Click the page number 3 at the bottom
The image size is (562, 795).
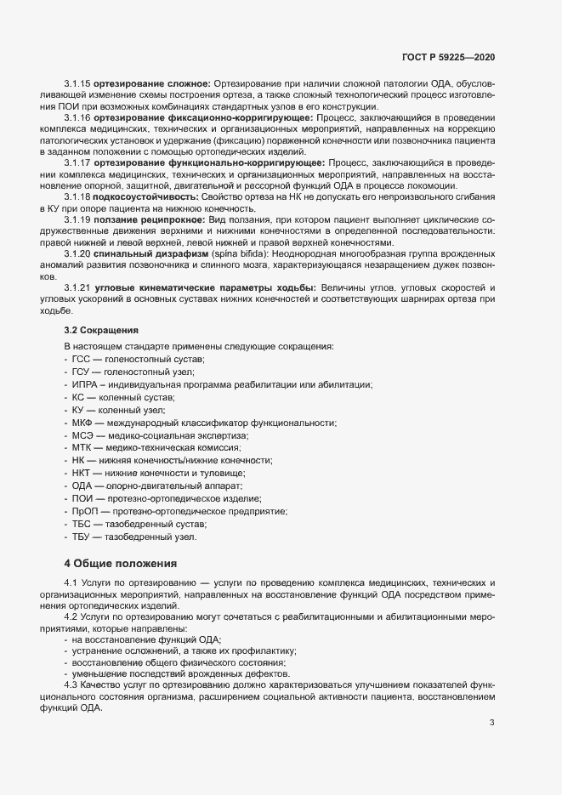point(491,724)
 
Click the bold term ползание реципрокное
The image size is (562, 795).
point(150,219)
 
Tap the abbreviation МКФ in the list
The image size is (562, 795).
point(84,423)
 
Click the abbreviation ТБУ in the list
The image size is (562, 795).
point(83,537)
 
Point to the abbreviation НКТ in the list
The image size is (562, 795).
point(83,473)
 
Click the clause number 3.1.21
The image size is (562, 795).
point(78,289)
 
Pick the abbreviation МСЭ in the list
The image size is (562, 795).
point(84,435)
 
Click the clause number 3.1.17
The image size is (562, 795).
point(78,162)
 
